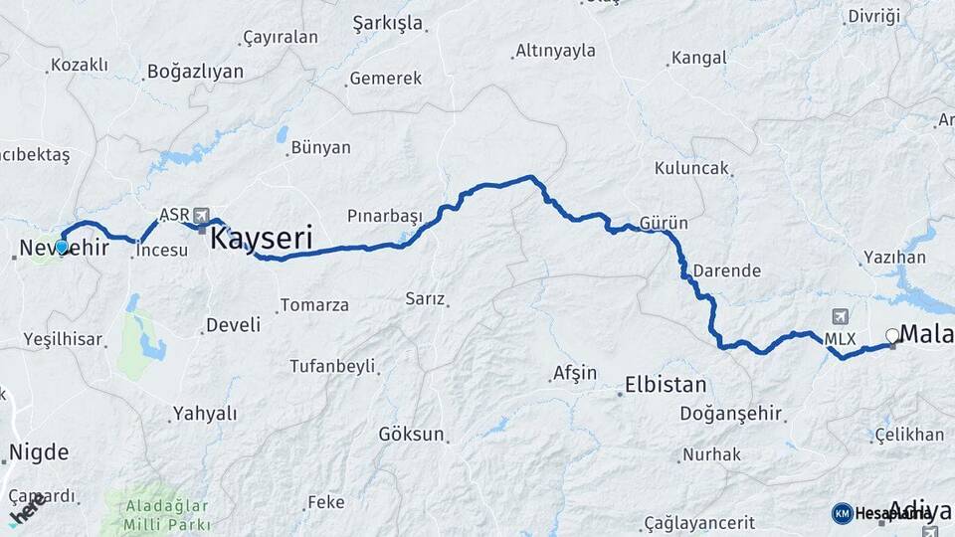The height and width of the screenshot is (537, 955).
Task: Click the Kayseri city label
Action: pyautogui.click(x=263, y=239)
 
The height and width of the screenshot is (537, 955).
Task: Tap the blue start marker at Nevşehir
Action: pyautogui.click(x=62, y=247)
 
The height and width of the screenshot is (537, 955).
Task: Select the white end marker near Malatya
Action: pyautogui.click(x=892, y=336)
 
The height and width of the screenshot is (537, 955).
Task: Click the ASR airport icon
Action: pyautogui.click(x=203, y=215)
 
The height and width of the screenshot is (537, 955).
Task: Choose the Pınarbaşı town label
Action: pyautogui.click(x=385, y=216)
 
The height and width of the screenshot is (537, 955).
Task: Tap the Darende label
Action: pyautogui.click(x=726, y=270)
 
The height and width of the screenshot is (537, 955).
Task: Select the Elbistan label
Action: pyautogui.click(x=666, y=385)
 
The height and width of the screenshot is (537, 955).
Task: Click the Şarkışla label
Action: pyautogui.click(x=388, y=23)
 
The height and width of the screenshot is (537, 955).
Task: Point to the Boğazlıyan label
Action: pyautogui.click(x=195, y=72)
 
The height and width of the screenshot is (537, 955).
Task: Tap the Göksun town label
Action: pyautogui.click(x=410, y=435)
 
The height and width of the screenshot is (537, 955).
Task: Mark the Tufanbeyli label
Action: pyautogui.click(x=336, y=366)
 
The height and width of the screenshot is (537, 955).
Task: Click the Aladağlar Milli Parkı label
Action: pyautogui.click(x=167, y=515)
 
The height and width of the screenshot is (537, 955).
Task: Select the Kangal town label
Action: pyautogui.click(x=700, y=58)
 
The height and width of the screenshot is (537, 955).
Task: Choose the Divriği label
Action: pyautogui.click(x=873, y=16)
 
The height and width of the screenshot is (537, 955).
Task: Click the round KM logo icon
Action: pyautogui.click(x=842, y=513)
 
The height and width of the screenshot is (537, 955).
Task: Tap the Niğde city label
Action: pyautogui.click(x=39, y=453)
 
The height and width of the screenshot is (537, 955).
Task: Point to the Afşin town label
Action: pyautogui.click(x=574, y=374)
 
